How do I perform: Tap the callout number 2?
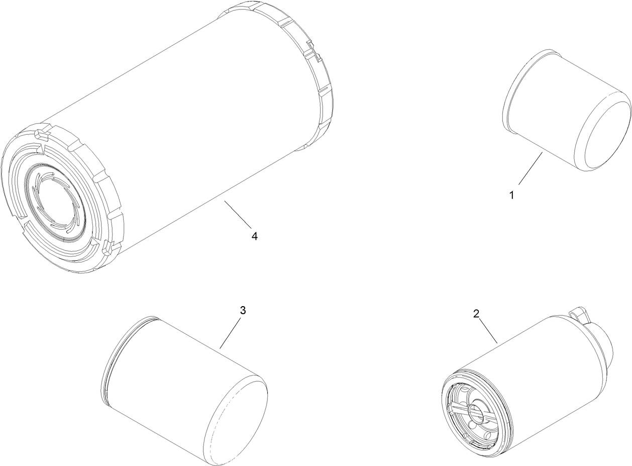coord(476,314)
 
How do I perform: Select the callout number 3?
coord(243,310)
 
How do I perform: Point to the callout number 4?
coord(255,236)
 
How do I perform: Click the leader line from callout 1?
coord(530,169)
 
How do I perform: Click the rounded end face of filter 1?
coord(603,136)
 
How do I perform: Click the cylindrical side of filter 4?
coord(191,126)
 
